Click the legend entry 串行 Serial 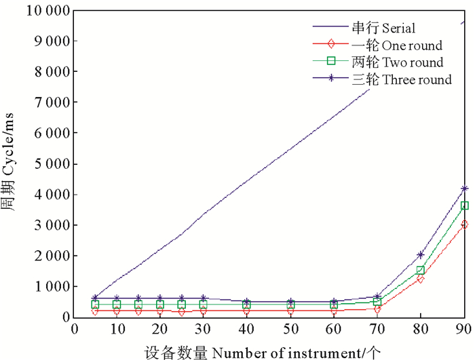[383, 28]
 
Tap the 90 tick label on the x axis [464, 329]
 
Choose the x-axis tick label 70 [377, 329]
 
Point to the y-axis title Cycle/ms [12, 163]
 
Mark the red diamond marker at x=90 [464, 224]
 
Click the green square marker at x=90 [464, 205]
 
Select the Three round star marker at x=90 [464, 188]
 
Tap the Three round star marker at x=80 [421, 255]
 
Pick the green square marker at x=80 [421, 270]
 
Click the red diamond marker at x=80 [421, 279]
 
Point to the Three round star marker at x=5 [95, 298]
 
